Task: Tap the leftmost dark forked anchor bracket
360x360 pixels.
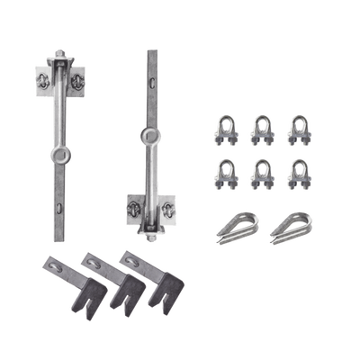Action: point(60,280)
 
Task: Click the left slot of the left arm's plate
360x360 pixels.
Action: point(45,80)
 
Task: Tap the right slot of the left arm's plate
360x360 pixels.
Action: point(78,79)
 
